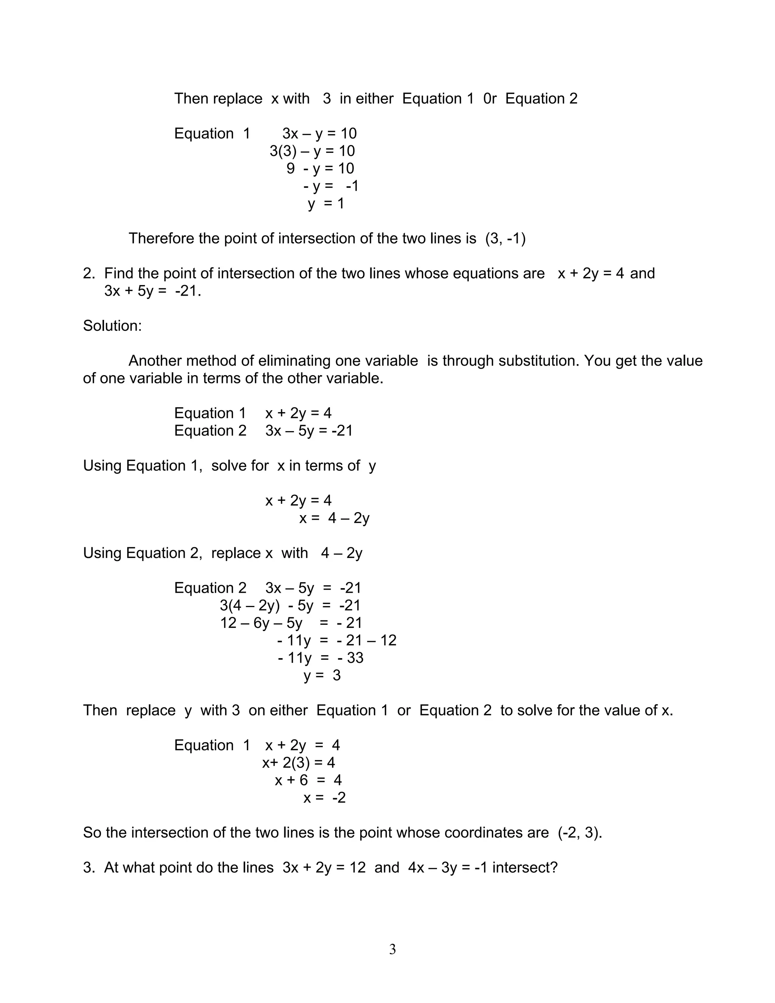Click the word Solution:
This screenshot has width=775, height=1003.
click(112, 326)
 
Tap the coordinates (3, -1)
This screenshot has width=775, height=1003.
click(506, 238)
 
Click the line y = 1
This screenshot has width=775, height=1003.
click(326, 204)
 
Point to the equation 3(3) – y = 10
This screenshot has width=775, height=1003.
click(312, 151)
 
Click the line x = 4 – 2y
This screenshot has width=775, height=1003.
click(334, 518)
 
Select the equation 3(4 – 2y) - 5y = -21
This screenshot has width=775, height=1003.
click(290, 605)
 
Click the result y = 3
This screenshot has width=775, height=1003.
click(322, 675)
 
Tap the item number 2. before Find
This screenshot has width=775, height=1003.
click(89, 273)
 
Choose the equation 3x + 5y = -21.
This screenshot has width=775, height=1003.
click(152, 291)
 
